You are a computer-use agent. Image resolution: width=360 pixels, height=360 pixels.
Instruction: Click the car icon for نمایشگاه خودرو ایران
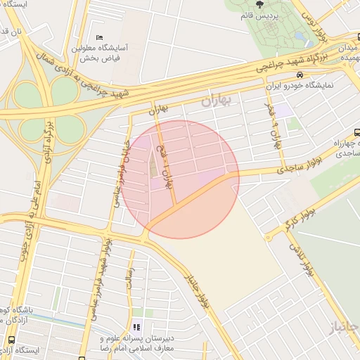(x=300, y=75)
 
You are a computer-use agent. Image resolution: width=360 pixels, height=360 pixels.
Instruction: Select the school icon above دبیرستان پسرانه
(x=137, y=327)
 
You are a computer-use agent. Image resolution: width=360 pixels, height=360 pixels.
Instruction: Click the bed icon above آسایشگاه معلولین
(x=99, y=37)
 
